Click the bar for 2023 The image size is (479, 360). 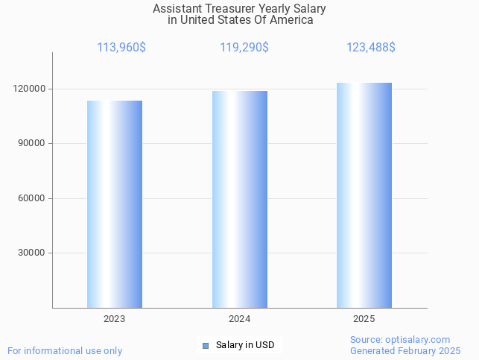(115, 204)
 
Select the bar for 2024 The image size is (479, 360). (240, 199)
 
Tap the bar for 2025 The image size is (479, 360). (364, 195)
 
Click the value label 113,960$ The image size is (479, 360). (121, 48)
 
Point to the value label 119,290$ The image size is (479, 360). (244, 48)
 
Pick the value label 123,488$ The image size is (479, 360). (371, 48)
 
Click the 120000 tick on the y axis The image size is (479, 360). (31, 89)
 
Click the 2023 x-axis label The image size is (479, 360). (115, 319)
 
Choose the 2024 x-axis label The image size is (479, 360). (240, 319)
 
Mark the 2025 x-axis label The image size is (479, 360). (364, 319)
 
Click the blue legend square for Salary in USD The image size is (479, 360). (206, 345)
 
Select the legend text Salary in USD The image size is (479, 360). (245, 345)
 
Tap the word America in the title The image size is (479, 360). (292, 20)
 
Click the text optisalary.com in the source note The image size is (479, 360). (417, 339)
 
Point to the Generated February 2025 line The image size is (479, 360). (405, 350)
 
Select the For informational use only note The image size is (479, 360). (65, 350)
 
